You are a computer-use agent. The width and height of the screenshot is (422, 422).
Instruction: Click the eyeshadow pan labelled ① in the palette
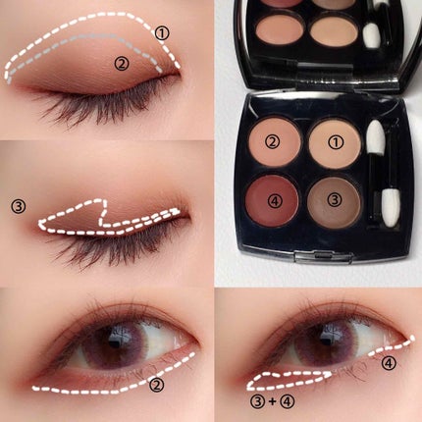pos(335,142)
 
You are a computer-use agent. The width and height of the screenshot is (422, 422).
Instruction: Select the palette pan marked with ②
pos(276,141)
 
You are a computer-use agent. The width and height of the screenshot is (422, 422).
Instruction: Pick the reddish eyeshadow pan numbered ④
pos(273,200)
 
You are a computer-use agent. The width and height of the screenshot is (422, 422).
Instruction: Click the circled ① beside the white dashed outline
pos(162,33)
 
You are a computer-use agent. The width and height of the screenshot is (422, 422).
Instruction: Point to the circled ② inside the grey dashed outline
pos(122,63)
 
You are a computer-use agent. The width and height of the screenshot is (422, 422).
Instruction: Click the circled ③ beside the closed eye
pos(19,207)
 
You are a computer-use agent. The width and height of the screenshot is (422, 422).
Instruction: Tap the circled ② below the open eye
pos(156,385)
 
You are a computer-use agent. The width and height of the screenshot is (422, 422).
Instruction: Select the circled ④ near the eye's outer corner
pos(390,363)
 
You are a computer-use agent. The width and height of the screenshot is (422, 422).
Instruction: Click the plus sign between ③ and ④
pos(272,401)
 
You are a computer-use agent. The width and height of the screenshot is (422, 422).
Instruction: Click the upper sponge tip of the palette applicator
pos(375,138)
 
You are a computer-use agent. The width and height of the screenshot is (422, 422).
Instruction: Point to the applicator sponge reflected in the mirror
pos(372,34)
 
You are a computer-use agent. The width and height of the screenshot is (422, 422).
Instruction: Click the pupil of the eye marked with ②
pos(114,343)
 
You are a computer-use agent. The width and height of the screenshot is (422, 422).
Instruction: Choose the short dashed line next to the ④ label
pos(392,346)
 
